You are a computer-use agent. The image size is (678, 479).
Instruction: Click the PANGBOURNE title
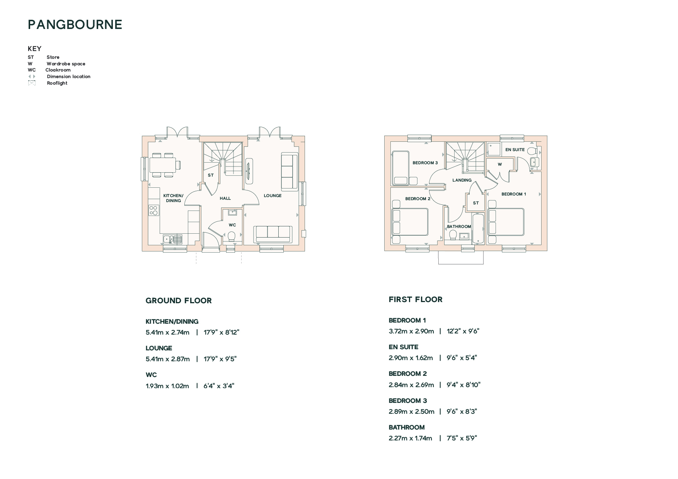(75, 25)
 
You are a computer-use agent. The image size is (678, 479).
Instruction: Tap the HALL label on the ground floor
(225, 198)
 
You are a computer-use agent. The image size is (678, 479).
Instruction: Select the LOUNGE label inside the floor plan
(273, 195)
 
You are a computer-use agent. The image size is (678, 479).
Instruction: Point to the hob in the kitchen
(153, 210)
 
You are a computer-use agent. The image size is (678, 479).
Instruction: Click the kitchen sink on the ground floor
(172, 239)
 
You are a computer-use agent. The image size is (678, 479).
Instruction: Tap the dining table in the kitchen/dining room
(162, 165)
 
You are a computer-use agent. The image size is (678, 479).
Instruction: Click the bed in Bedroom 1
(506, 222)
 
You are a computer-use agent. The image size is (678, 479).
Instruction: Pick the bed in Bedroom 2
(410, 222)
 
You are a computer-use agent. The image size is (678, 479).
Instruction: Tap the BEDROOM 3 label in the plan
(425, 163)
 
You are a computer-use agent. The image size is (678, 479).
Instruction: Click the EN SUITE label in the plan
(515, 149)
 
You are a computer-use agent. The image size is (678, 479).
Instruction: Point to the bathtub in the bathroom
(478, 228)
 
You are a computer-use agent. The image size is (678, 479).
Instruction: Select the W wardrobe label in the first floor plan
(500, 164)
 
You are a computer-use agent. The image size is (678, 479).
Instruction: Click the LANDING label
(462, 180)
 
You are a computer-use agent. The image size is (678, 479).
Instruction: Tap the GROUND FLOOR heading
(179, 301)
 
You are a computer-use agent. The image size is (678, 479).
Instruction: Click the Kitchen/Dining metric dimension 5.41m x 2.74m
(167, 332)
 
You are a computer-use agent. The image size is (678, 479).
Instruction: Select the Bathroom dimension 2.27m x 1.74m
(411, 438)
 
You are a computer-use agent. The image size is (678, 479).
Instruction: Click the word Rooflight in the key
(57, 83)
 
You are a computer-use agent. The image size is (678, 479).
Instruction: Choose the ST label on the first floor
(476, 203)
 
